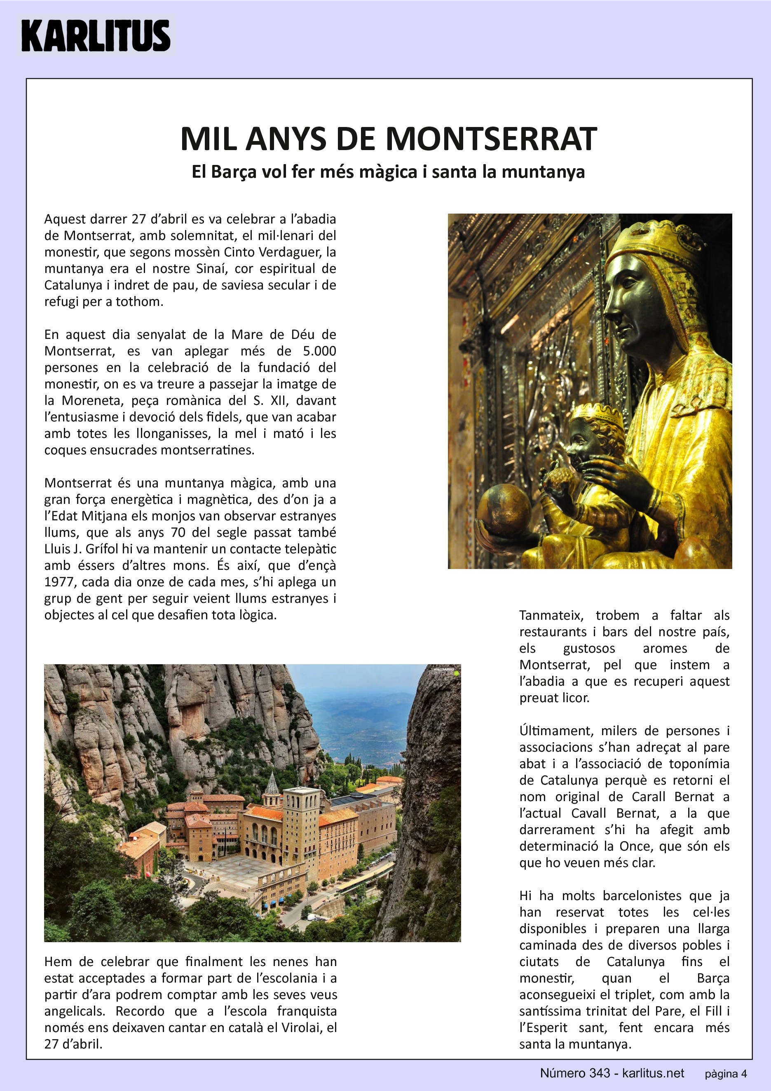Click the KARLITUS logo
(96, 35)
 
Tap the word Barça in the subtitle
(231, 172)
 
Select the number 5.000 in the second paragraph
(319, 351)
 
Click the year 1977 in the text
(57, 582)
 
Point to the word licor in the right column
(575, 698)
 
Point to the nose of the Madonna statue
(609, 315)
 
